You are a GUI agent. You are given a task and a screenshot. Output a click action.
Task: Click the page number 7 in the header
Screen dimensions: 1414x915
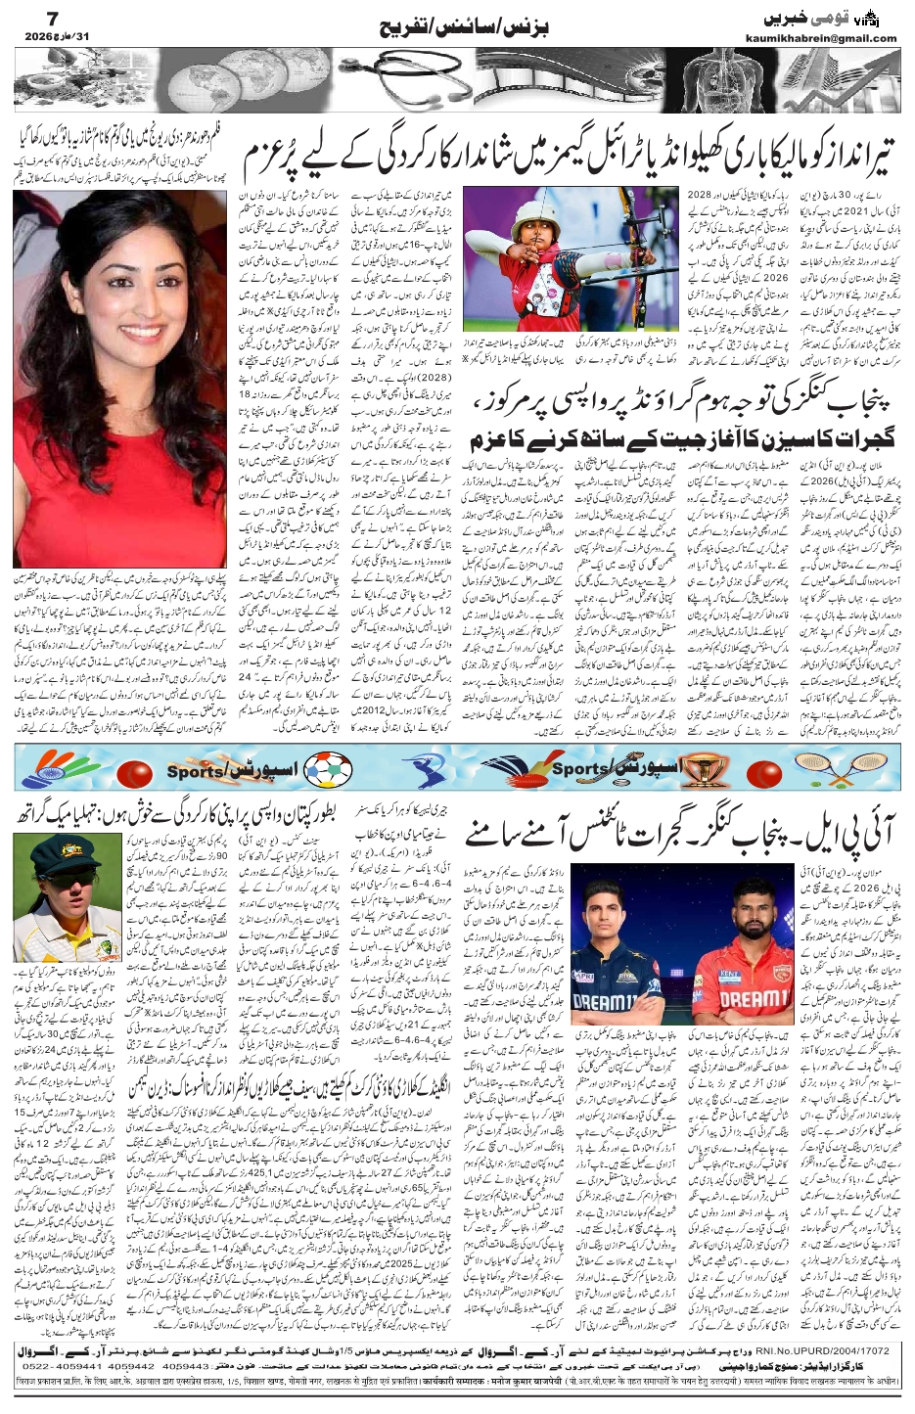tap(27, 18)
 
